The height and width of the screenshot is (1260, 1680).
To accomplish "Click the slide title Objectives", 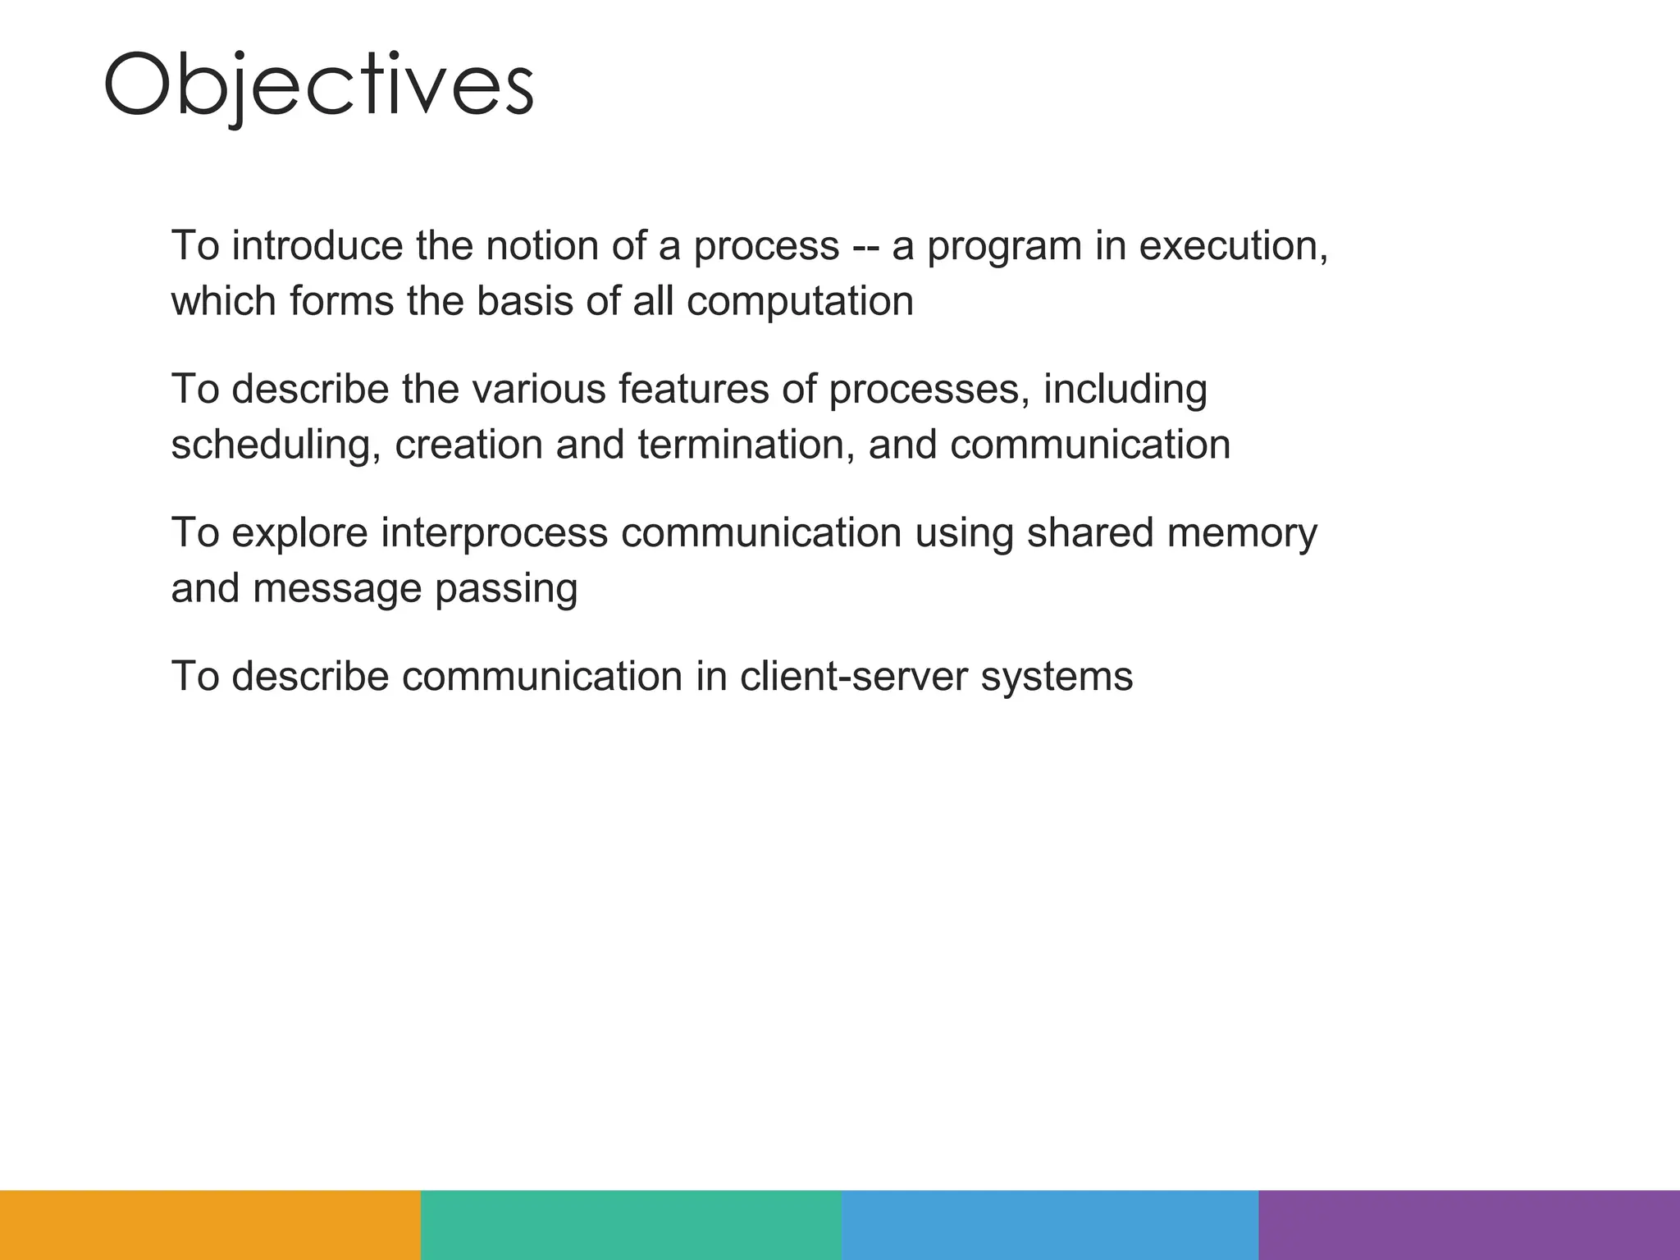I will pyautogui.click(x=318, y=85).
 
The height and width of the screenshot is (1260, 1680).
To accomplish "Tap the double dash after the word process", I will pyautogui.click(x=865, y=247).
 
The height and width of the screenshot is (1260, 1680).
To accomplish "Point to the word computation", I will pyautogui.click(x=800, y=301).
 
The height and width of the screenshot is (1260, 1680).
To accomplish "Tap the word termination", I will pyautogui.click(x=741, y=445).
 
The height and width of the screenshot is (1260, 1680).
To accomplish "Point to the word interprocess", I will pyautogui.click(x=494, y=533).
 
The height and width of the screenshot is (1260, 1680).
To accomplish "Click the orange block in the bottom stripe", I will pyautogui.click(x=210, y=1225).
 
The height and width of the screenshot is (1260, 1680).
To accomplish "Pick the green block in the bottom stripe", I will pyautogui.click(x=631, y=1225).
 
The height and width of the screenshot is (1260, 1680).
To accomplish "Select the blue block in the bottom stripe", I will pyautogui.click(x=1050, y=1225).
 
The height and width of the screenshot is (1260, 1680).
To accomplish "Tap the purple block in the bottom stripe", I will pyautogui.click(x=1469, y=1225).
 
